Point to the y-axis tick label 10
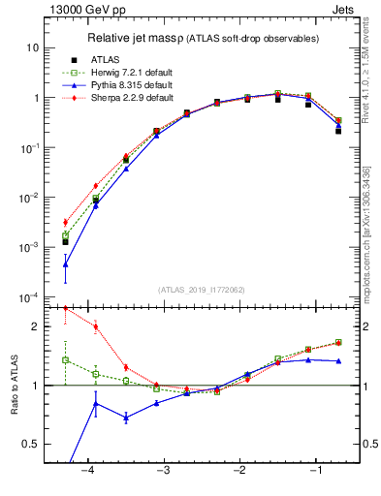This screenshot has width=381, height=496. [32, 47]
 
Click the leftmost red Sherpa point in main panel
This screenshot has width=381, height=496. [65, 222]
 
